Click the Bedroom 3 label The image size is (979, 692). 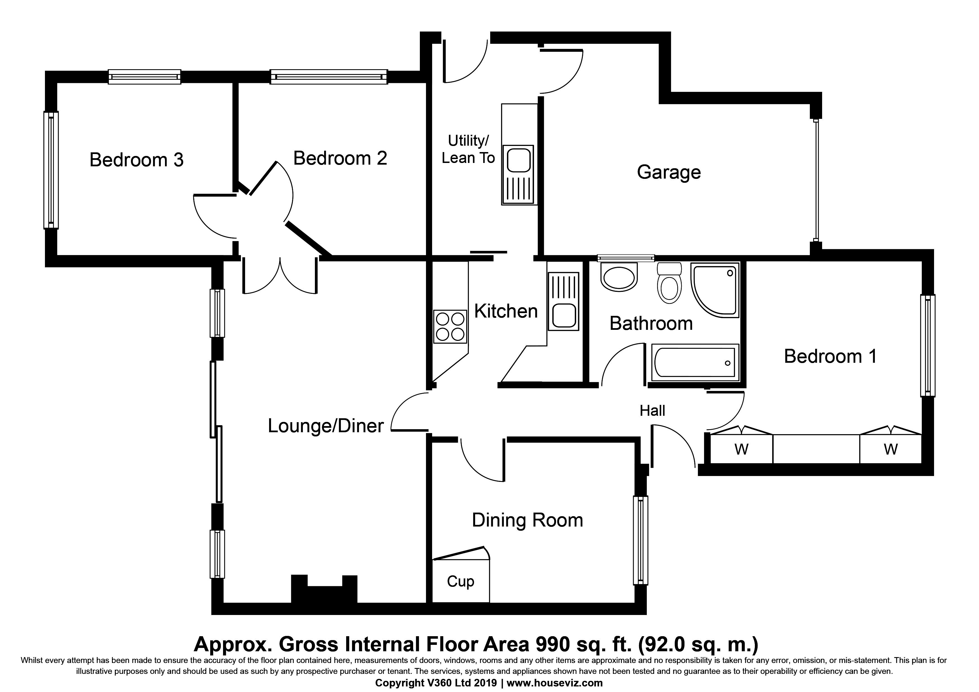coord(137,160)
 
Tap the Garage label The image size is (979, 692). coord(669,172)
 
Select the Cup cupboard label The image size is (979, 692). coord(461,582)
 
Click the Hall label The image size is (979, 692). coord(652,410)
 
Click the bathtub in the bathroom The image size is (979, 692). coord(695,362)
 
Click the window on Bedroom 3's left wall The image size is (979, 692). coord(51,170)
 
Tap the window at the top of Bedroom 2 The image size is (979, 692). coord(329,77)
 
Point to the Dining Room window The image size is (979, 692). coord(640,540)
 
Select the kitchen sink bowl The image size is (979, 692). coord(564,315)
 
